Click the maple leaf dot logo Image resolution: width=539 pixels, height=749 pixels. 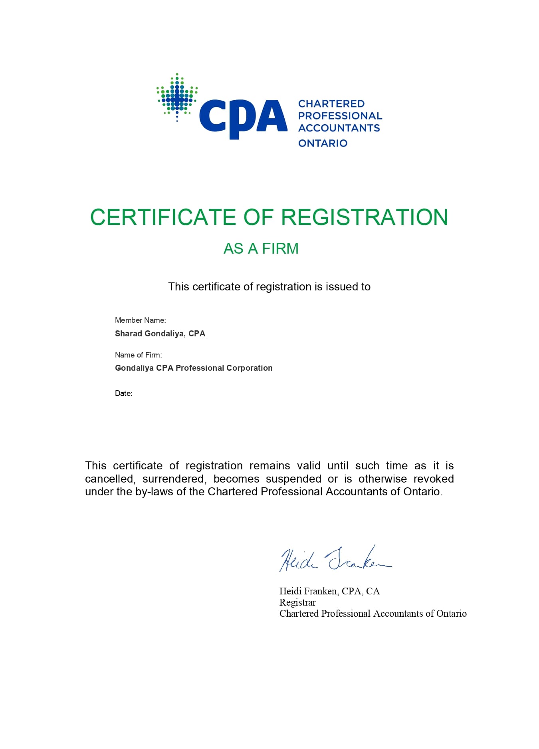click(x=177, y=97)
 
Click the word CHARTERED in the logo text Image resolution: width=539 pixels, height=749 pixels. click(x=331, y=104)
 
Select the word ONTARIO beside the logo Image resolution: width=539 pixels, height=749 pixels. click(x=323, y=143)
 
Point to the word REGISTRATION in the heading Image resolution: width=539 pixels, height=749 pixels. click(x=365, y=217)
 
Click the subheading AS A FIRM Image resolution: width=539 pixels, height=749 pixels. click(x=261, y=248)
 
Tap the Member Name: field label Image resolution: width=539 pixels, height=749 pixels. click(x=140, y=320)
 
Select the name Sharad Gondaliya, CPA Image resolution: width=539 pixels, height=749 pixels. click(x=160, y=334)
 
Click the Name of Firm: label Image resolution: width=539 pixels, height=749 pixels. click(x=138, y=355)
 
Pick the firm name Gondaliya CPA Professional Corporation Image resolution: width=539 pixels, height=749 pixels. click(x=194, y=368)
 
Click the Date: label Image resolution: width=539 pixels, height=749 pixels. click(x=123, y=393)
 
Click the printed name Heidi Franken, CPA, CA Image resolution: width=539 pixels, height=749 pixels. click(x=329, y=591)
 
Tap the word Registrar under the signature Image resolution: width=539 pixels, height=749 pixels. click(x=297, y=602)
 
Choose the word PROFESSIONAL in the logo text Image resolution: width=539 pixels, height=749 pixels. click(x=340, y=116)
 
